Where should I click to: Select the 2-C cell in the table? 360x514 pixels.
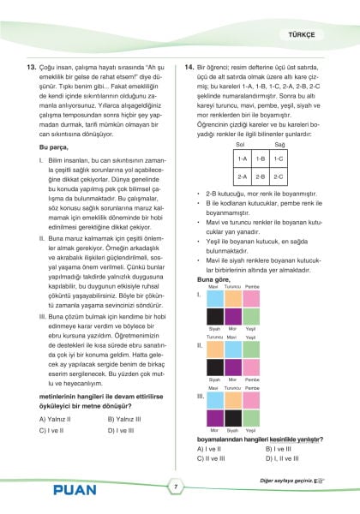click(279, 176)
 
